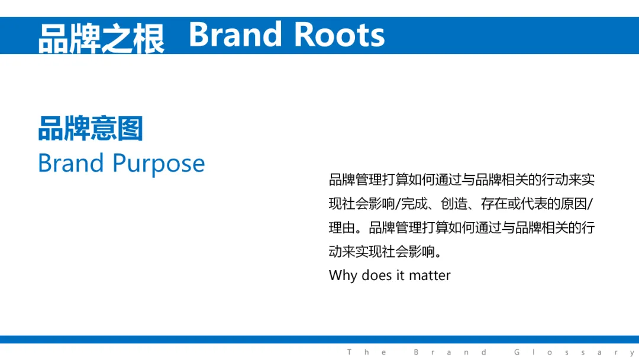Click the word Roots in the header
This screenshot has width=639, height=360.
click(x=339, y=35)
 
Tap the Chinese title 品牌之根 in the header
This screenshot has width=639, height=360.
click(x=101, y=39)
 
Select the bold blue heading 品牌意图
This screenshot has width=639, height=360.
click(x=91, y=128)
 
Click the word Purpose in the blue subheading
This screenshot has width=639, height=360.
click(x=159, y=164)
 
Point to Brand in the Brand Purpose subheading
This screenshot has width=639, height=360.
click(x=71, y=163)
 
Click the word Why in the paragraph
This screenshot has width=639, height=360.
click(x=343, y=275)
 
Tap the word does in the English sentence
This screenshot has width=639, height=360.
click(x=377, y=275)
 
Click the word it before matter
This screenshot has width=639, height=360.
click(x=401, y=275)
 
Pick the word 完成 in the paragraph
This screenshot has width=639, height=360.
click(x=414, y=204)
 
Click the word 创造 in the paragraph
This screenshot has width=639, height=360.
click(x=454, y=204)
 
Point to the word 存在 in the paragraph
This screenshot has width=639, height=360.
click(x=494, y=204)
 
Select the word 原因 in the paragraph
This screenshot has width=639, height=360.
click(x=574, y=204)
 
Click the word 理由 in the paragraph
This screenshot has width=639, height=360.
click(x=342, y=227)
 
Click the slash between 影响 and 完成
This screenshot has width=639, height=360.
click(x=398, y=204)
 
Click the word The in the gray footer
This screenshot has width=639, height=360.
click(x=367, y=352)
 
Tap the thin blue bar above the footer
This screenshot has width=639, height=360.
click(x=319, y=339)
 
